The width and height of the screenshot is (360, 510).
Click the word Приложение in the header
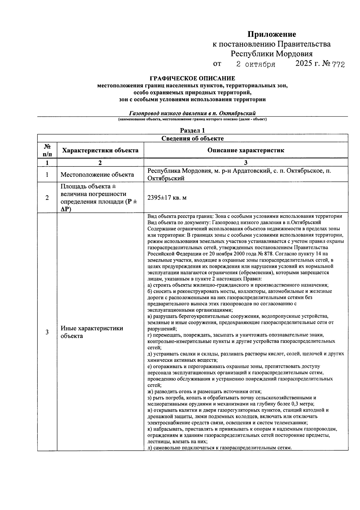coord(271,34)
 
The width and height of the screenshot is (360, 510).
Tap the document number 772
coord(338,64)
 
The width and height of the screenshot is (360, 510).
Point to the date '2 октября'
coord(256,64)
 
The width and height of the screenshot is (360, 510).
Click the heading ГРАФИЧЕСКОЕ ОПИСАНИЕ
coord(192,79)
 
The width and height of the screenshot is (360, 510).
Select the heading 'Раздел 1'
coord(192,130)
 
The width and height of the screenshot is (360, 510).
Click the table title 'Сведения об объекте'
coord(192,138)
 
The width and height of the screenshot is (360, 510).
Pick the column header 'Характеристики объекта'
coord(100,150)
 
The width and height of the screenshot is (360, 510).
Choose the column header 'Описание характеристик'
coord(246,150)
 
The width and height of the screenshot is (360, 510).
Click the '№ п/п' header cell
coord(47,150)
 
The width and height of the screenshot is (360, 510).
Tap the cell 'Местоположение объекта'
coord(97,175)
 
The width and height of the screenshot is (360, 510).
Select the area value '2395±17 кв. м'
coord(167,198)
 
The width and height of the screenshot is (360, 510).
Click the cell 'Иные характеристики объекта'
coord(92,332)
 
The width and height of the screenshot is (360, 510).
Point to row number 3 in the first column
coord(47,332)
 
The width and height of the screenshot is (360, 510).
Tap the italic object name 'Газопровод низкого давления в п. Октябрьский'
coord(192,113)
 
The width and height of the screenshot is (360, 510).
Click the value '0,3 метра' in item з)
coord(302,404)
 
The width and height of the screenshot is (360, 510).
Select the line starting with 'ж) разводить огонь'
coord(205,391)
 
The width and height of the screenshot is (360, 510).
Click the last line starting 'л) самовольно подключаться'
coord(220,448)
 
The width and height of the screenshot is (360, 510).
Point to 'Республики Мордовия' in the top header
coord(271,54)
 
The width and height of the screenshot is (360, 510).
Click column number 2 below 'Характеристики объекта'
coord(100,163)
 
